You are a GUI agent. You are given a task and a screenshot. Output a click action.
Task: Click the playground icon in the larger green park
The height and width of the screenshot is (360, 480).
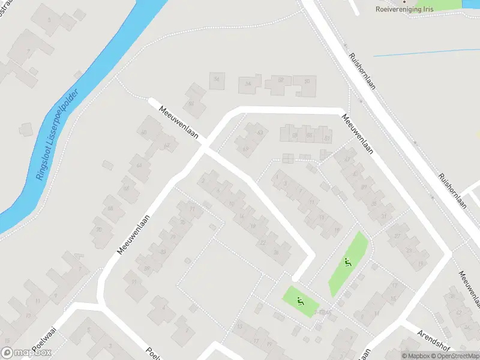point(348,262)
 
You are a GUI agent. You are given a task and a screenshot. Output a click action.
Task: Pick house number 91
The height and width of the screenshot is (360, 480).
point(134,282)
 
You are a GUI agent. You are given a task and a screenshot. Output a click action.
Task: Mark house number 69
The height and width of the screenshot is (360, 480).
point(245,149)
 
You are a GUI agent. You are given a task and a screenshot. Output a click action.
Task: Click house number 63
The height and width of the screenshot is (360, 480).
point(260,132)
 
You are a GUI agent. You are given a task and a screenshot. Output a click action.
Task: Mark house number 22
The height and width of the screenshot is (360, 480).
point(263,242)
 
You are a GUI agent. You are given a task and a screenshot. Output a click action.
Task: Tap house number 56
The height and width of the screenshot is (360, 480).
point(217,79)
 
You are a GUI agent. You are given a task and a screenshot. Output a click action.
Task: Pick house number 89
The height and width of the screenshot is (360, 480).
point(146,268)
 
